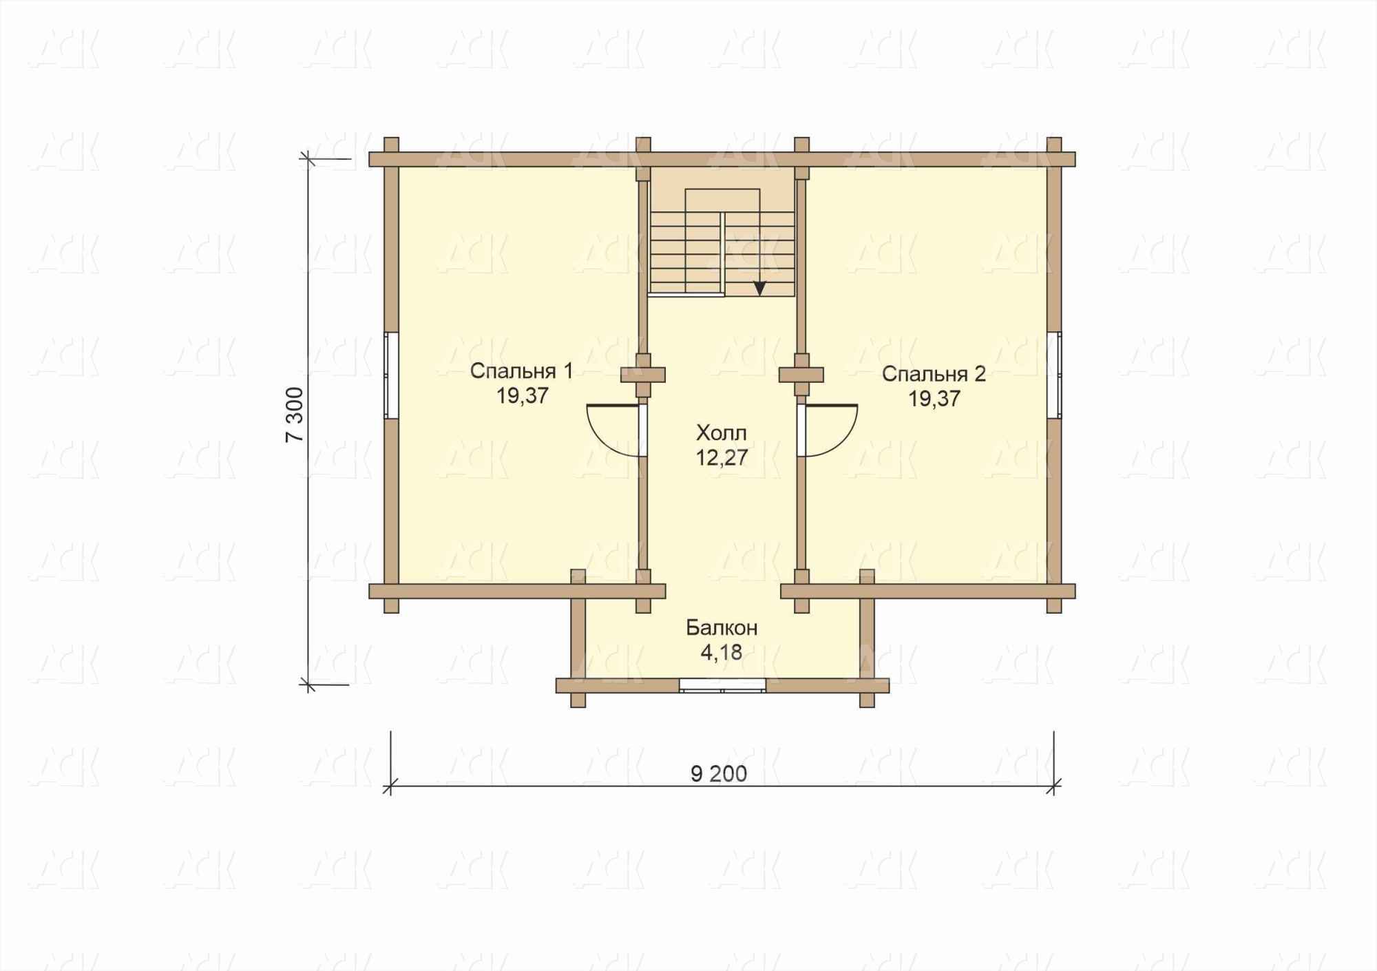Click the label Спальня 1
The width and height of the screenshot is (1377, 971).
[521, 371]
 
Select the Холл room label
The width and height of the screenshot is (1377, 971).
[721, 433]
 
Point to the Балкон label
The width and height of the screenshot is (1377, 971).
[722, 628]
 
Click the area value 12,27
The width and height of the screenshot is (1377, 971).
[722, 458]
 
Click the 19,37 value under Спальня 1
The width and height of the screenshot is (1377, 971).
[521, 396]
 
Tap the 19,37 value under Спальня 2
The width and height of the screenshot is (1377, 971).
[934, 399]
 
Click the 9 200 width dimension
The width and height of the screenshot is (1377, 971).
[719, 774]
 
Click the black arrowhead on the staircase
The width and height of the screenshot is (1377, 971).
[759, 289]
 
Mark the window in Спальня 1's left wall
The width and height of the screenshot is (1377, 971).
[391, 375]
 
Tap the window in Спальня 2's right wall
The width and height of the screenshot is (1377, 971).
[1054, 375]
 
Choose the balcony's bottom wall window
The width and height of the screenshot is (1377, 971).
[722, 685]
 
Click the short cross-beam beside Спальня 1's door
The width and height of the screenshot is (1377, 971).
[643, 375]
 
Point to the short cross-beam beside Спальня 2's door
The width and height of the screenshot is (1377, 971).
[801, 375]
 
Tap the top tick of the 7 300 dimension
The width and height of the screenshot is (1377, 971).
[307, 160]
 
